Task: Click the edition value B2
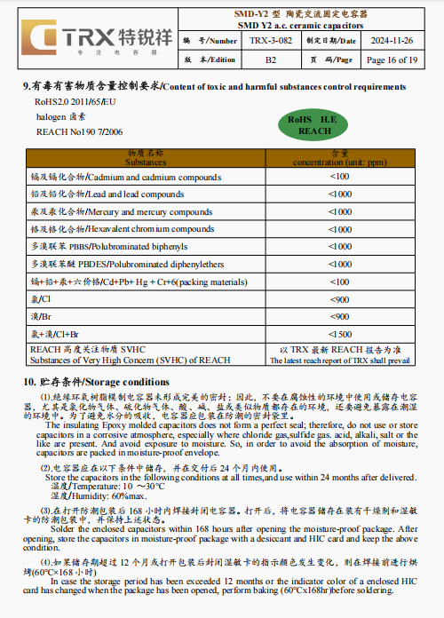pyautogui.click(x=270, y=59)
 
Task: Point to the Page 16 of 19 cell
pyautogui.click(x=390, y=59)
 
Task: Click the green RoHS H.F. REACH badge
pyautogui.click(x=315, y=124)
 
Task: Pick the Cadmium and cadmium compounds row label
pyautogui.click(x=125, y=177)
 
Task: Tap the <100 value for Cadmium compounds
pyautogui.click(x=339, y=177)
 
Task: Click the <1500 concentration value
pyautogui.click(x=339, y=333)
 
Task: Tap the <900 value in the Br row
pyautogui.click(x=339, y=315)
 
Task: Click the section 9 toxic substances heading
pyautogui.click(x=214, y=87)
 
